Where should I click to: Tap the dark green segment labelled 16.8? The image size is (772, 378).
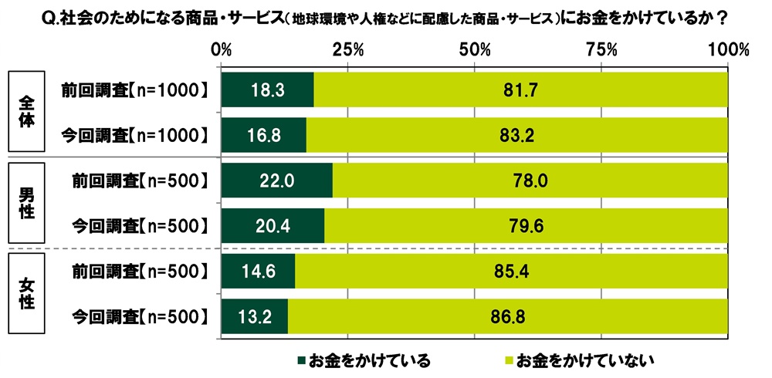pos(264,136)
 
